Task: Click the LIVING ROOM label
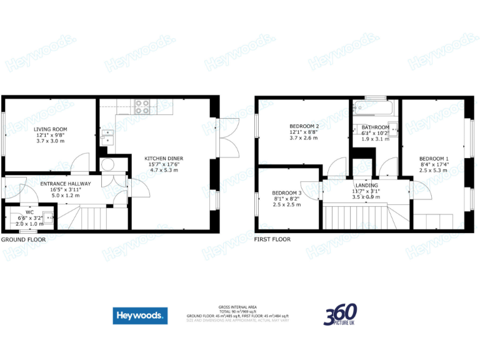point(50,129)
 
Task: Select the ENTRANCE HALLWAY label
point(66,184)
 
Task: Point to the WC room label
point(29,212)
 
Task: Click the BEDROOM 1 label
point(434,158)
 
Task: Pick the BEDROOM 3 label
point(287,193)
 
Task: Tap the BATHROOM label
point(375,127)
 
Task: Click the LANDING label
point(366,185)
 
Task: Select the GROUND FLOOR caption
point(23,239)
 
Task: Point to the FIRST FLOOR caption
point(272,239)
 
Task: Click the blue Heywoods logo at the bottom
point(140,316)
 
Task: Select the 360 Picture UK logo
point(341,314)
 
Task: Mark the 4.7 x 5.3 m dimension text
point(161,169)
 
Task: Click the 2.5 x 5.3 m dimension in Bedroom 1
point(434,169)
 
